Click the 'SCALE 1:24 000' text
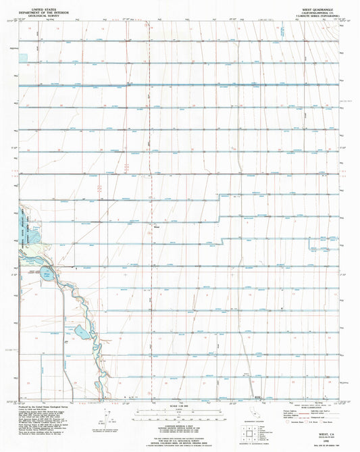pyautogui.click(x=180, y=406)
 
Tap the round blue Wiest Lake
pyautogui.click(x=45, y=274)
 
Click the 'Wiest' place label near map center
pyautogui.click(x=156, y=228)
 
